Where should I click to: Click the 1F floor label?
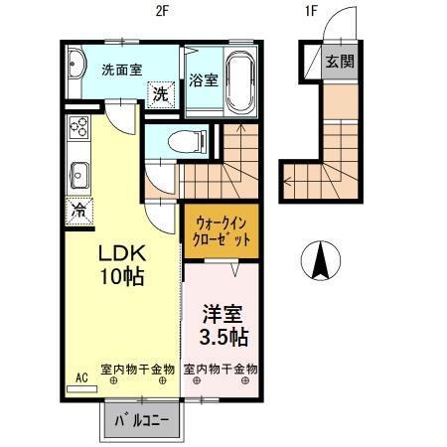[310, 12]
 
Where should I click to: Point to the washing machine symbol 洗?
[160, 96]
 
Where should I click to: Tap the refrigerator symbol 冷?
[76, 211]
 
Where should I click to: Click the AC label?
[81, 377]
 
